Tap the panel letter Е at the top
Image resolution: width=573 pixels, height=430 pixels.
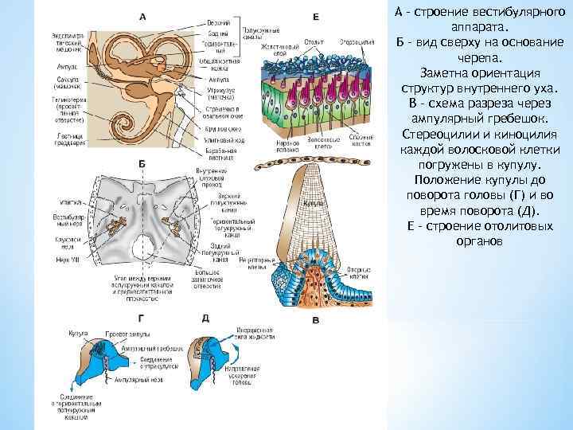[316, 16]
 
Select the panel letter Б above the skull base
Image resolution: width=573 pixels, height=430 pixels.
[142, 162]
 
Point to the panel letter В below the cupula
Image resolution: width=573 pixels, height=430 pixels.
[316, 321]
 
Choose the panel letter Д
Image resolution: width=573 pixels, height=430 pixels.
[206, 318]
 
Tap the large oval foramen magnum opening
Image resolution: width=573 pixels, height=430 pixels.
[145, 247]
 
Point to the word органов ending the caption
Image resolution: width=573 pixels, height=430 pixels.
[479, 240]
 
